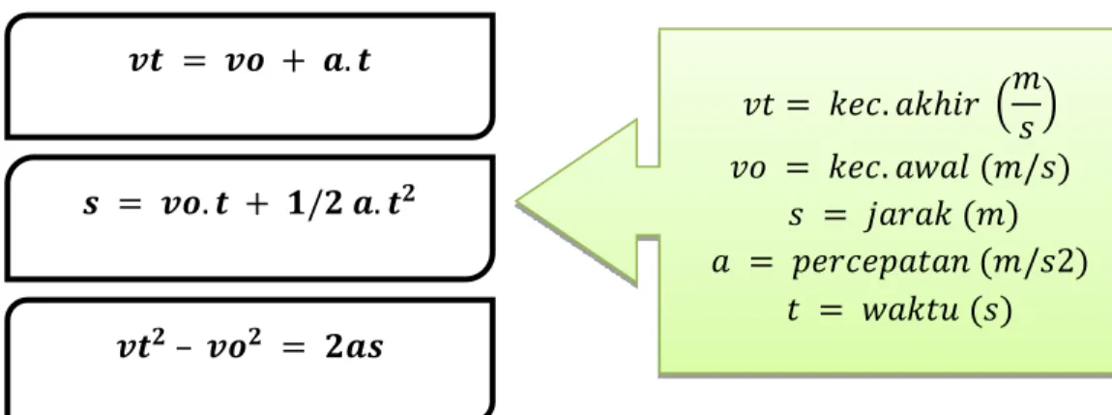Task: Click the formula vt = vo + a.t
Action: click(249, 63)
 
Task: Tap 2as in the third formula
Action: click(358, 347)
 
